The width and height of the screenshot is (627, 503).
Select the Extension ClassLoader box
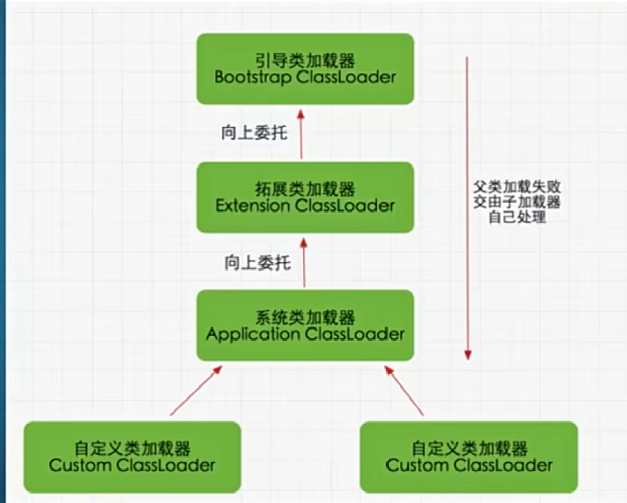coord(305,196)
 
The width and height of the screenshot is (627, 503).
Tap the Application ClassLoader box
coord(305,325)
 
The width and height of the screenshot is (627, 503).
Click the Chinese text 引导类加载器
coord(305,59)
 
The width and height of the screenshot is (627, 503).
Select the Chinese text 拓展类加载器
coord(305,187)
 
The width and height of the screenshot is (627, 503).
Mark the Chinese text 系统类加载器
coord(305,316)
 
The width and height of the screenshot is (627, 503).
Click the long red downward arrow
coord(468,209)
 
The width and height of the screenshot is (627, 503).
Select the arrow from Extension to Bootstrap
coord(301,134)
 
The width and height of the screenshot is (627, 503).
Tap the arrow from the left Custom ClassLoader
coord(196,390)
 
